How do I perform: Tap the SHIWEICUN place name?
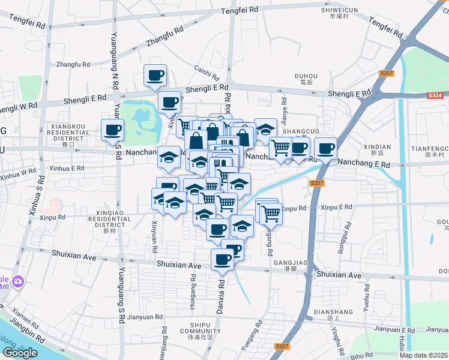coord(339,10)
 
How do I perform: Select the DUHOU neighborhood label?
coord(306,76)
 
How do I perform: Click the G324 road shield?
coord(436,95)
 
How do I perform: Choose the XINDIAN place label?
coord(377,147)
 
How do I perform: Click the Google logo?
coord(20,353)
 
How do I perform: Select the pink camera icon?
coord(18,281)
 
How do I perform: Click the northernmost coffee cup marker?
coord(155,76)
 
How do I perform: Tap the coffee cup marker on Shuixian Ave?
coord(222,260)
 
